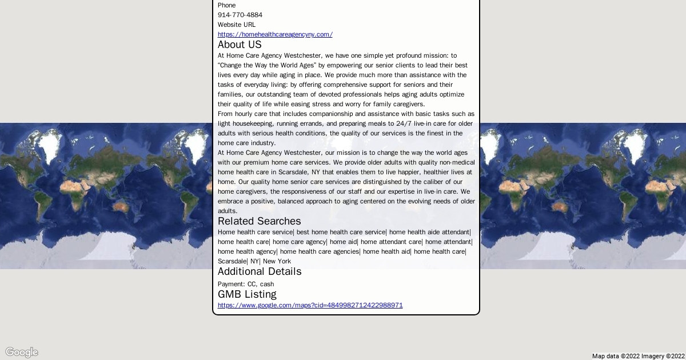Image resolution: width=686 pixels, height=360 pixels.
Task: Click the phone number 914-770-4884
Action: coord(240,15)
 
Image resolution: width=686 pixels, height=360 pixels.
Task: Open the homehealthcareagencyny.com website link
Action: coord(275,34)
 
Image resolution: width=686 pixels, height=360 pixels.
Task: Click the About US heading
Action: coord(240,45)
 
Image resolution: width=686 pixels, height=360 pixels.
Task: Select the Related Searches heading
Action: coord(259,221)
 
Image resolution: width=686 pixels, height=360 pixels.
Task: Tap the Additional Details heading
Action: coord(259,271)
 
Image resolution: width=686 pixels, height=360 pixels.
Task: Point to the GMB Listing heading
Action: coord(247,294)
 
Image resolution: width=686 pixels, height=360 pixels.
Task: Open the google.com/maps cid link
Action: coord(310,305)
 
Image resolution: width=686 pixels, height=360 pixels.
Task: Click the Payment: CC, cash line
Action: coord(246,284)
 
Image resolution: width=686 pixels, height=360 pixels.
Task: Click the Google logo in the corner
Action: coord(22,352)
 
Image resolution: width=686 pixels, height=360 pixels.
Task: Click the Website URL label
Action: coord(237,25)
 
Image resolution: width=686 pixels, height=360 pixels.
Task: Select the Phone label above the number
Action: coord(226,5)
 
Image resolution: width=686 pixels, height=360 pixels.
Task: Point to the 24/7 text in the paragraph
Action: coord(404,123)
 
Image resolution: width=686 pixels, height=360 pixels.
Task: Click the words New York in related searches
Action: coord(277,261)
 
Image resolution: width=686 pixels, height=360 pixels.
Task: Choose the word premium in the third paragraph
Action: coord(256,162)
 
